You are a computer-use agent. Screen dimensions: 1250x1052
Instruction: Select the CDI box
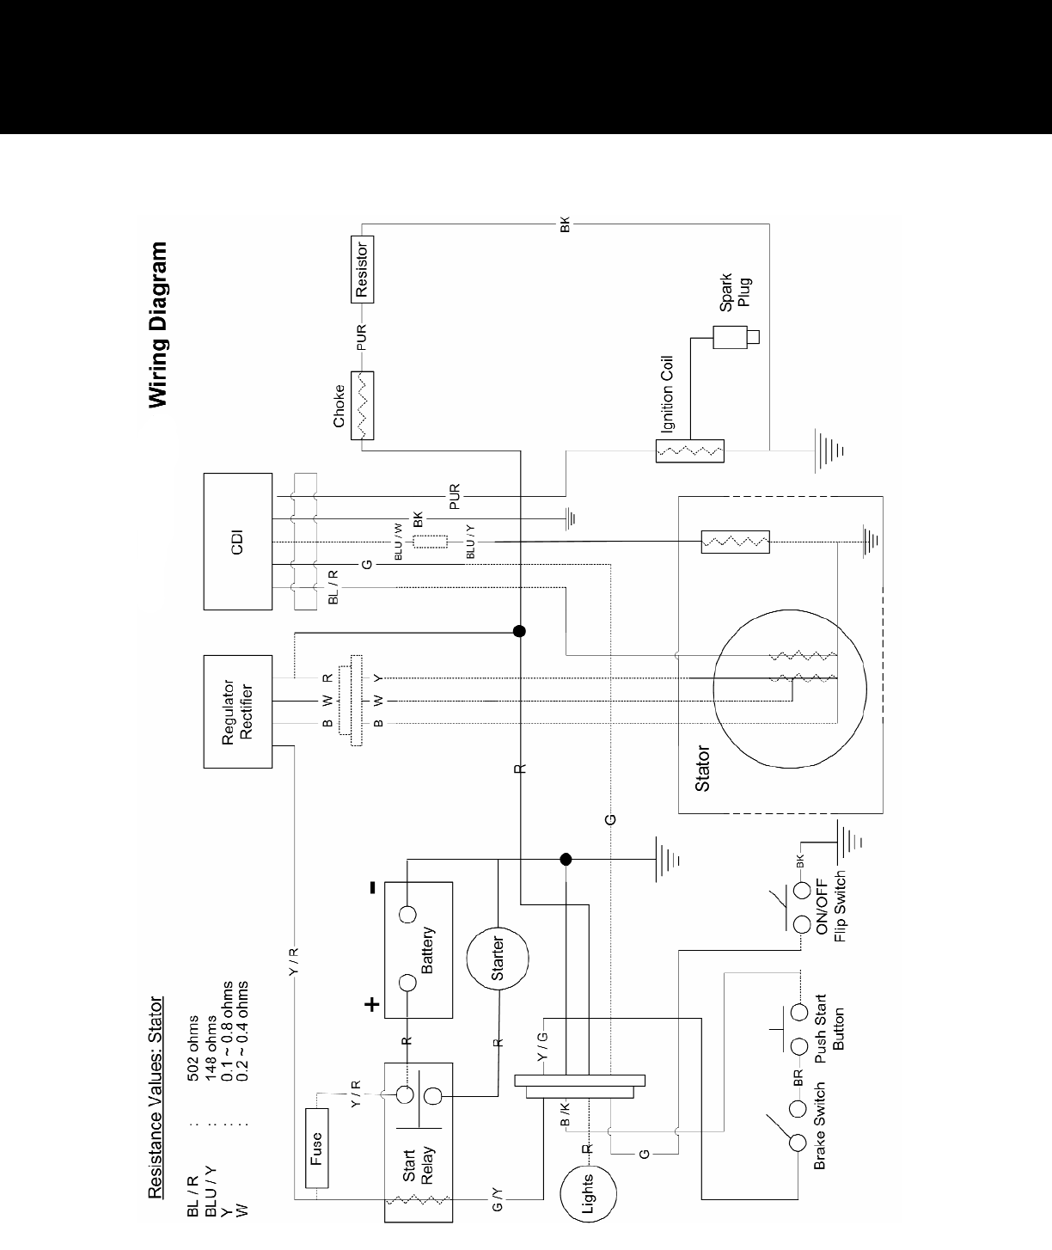pyautogui.click(x=238, y=541)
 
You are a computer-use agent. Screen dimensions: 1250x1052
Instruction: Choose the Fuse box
pyautogui.click(x=317, y=1147)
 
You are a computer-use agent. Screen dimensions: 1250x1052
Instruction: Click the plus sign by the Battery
pyautogui.click(x=372, y=1003)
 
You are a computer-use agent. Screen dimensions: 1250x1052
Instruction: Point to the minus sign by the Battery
pyautogui.click(x=372, y=889)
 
